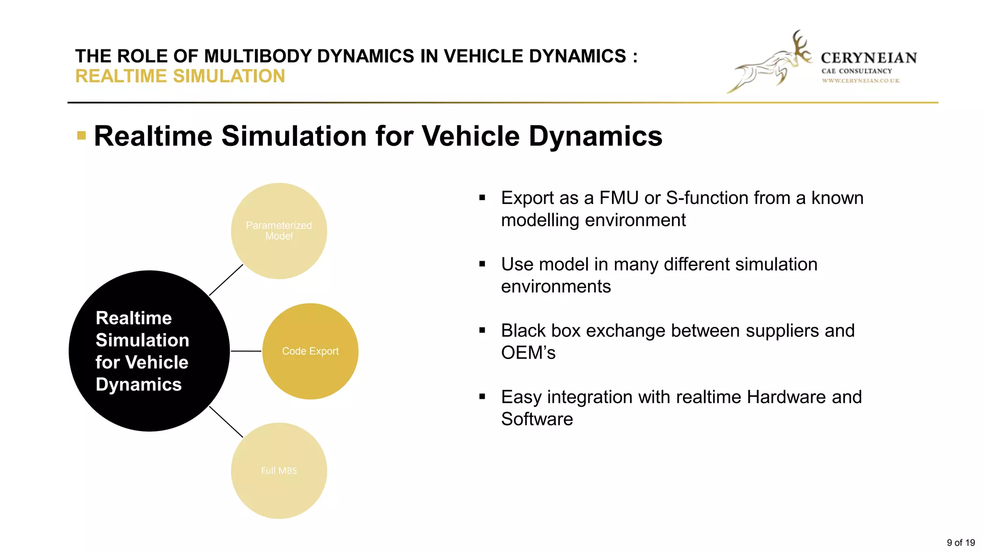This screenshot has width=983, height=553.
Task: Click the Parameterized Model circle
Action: tap(279, 231)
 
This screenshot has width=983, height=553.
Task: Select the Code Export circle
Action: tap(310, 351)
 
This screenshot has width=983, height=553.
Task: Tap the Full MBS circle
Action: tap(279, 470)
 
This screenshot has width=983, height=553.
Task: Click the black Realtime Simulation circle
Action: tap(149, 351)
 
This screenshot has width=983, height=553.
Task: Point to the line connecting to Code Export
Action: tap(246, 351)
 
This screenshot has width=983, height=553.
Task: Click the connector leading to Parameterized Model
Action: tap(226, 280)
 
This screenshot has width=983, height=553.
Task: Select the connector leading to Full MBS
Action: tap(226, 422)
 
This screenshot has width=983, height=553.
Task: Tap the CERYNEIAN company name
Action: tap(869, 58)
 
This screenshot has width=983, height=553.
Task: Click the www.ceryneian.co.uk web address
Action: tap(861, 81)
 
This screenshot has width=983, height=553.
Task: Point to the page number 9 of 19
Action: tap(960, 542)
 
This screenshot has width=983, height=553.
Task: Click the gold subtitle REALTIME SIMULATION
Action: tap(180, 76)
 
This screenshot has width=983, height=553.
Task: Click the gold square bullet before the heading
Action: tap(82, 136)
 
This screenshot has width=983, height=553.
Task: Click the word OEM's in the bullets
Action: tap(528, 353)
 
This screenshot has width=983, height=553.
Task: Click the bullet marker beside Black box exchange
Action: tap(482, 330)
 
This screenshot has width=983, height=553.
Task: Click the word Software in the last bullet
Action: tap(537, 419)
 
